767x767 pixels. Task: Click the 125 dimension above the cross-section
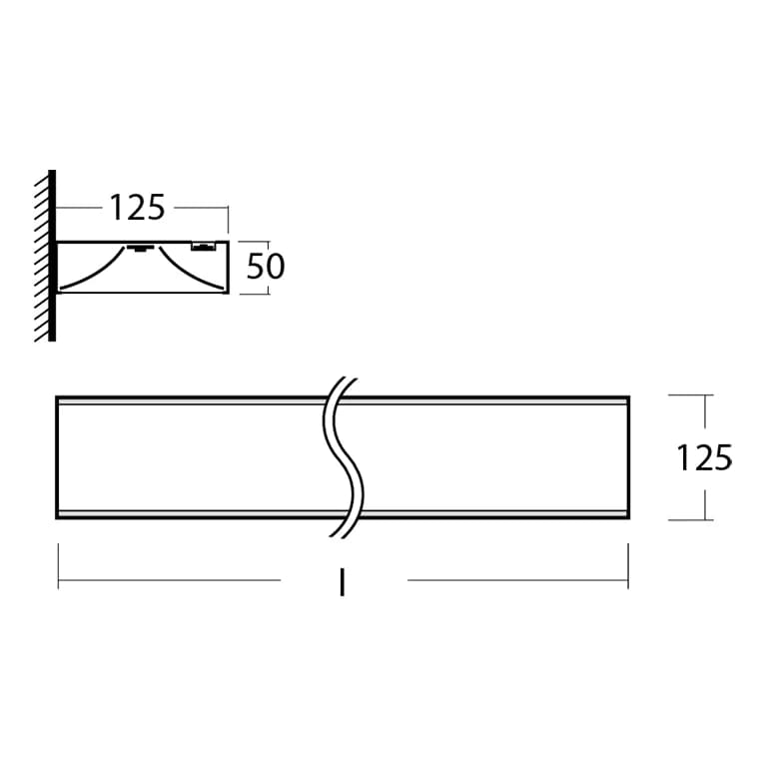point(137,208)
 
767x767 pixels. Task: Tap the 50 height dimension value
point(265,267)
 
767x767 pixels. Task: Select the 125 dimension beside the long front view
point(704,457)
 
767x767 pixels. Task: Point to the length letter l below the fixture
point(343,582)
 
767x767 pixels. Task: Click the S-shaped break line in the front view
point(344,456)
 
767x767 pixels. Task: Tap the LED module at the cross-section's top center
point(141,248)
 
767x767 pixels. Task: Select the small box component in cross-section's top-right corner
point(203,246)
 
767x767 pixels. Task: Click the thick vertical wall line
point(52,256)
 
